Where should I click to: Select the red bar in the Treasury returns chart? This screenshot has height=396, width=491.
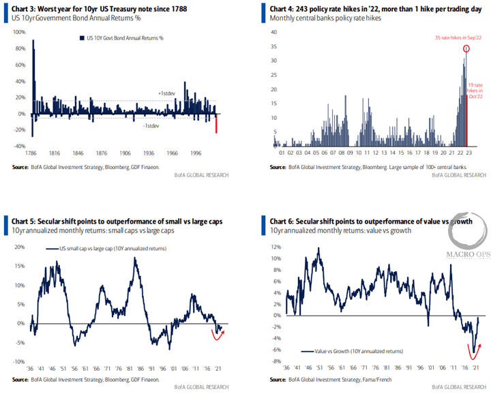coord(217,124)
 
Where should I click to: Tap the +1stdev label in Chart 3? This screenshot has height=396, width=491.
coord(166,93)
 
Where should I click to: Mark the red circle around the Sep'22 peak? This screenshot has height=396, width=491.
coord(466,48)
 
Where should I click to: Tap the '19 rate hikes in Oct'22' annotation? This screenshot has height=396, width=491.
coord(475,90)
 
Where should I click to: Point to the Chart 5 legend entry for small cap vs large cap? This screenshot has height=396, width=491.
coord(102,250)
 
